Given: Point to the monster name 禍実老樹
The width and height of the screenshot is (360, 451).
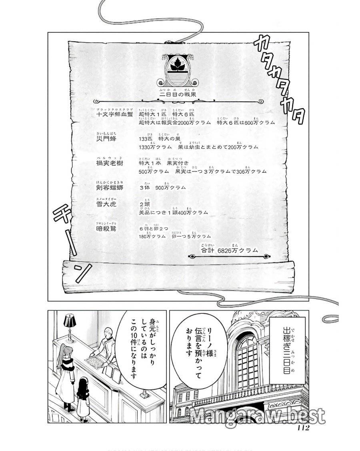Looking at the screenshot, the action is (x=109, y=163).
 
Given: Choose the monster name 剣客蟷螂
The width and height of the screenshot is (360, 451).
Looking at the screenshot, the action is (x=109, y=188).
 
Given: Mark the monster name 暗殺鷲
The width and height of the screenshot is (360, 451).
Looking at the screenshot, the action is (x=106, y=229).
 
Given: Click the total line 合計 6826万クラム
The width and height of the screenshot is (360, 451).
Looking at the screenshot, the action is (x=229, y=250).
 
